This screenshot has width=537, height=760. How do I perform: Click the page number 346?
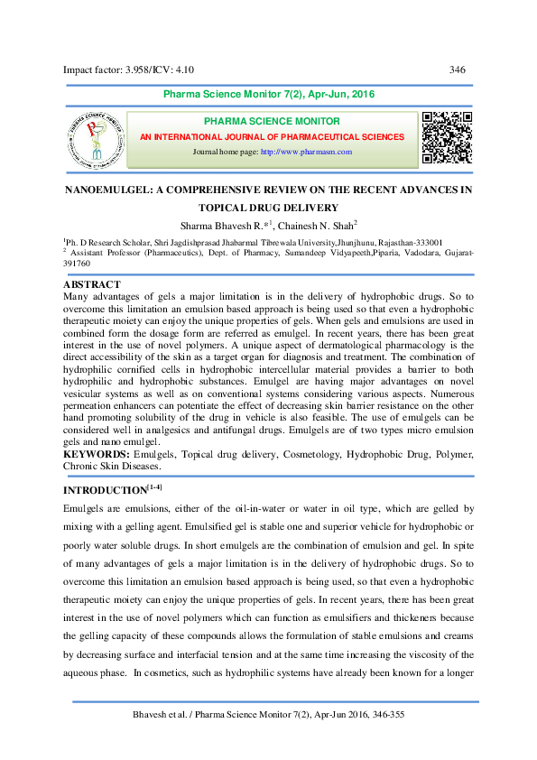[457, 70]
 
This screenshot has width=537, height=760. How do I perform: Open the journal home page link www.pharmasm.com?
[306, 152]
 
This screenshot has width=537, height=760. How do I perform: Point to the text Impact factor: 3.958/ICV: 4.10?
[127, 70]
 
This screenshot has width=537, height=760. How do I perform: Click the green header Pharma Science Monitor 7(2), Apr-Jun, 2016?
[268, 95]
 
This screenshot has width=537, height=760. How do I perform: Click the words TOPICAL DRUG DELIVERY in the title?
[267, 208]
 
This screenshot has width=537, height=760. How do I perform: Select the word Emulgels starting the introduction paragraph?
[85, 509]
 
